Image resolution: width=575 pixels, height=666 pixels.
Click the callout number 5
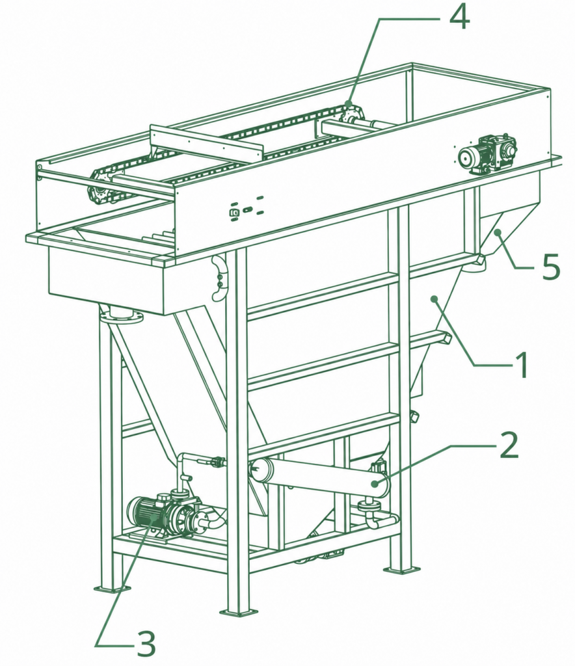551,266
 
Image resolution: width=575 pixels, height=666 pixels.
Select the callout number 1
520,364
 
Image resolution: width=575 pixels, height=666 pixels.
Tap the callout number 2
509,445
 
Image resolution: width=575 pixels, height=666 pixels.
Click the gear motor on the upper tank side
488,155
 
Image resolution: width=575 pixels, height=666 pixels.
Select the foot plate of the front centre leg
238,612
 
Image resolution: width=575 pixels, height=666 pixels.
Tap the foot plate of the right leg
401,568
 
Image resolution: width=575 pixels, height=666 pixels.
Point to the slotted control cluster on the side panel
246,209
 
